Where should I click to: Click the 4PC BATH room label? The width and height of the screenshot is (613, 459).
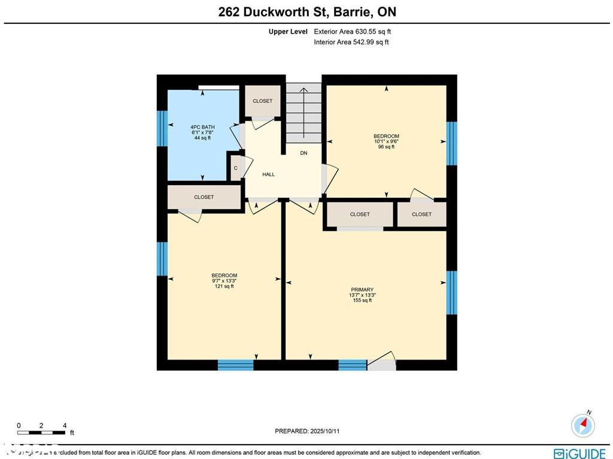(202, 127)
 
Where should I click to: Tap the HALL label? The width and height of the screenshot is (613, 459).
(268, 174)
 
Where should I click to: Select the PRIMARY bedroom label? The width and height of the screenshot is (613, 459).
(362, 289)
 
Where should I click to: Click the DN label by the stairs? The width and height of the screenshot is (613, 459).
(304, 153)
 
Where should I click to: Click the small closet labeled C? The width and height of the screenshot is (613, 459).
(235, 168)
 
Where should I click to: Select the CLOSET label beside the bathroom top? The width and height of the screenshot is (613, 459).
(262, 101)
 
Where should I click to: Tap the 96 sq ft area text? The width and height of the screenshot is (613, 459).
(386, 147)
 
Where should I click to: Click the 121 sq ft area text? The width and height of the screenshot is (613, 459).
(224, 286)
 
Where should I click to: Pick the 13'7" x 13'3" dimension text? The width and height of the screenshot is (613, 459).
(362, 295)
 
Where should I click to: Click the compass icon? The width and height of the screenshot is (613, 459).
(583, 425)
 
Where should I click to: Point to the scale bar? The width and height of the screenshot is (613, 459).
(41, 432)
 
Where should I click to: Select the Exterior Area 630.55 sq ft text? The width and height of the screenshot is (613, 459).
(353, 32)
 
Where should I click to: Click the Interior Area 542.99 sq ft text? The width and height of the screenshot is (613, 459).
(351, 42)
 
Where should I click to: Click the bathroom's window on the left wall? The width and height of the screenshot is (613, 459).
(162, 128)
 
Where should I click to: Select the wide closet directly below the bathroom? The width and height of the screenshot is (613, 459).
(204, 197)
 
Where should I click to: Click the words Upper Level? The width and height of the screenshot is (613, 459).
(288, 32)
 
